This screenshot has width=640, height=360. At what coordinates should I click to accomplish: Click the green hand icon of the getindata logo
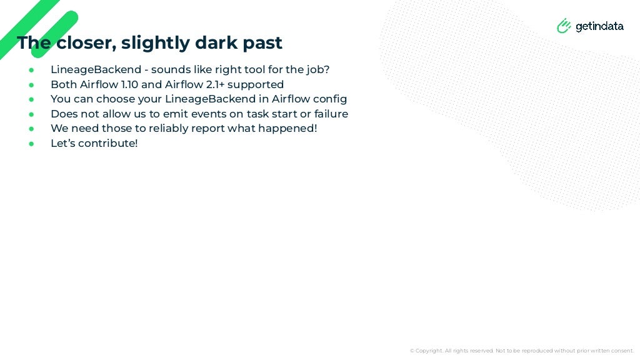tap(564, 26)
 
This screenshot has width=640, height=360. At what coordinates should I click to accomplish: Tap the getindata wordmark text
tap(599, 26)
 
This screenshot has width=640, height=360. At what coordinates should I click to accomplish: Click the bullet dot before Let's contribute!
tap(31, 144)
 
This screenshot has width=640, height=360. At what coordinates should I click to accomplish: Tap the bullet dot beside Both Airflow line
tap(31, 84)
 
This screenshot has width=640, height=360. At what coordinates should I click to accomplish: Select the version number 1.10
tap(129, 84)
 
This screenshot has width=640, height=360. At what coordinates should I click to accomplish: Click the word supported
tap(256, 84)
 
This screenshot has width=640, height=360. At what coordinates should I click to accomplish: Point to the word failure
tap(329, 114)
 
